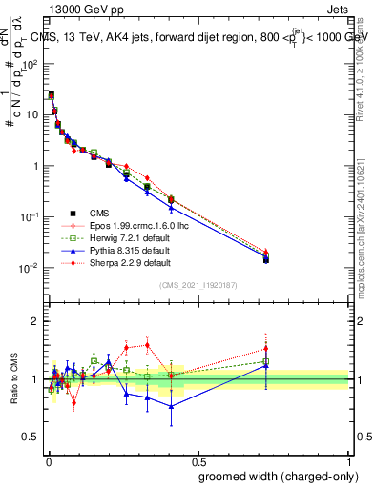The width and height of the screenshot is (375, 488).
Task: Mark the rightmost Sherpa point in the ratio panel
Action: [266, 349]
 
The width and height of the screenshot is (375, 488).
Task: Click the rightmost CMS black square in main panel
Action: [266, 259]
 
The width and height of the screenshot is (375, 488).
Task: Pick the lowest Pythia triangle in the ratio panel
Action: [171, 406]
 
